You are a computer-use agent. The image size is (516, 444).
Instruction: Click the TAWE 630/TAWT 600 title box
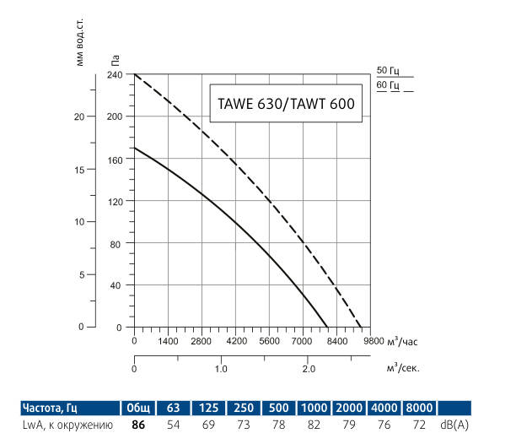click(281, 106)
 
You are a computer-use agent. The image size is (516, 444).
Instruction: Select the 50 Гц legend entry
click(389, 70)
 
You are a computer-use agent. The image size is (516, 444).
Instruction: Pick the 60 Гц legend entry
click(389, 84)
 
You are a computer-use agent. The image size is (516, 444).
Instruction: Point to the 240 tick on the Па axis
click(115, 74)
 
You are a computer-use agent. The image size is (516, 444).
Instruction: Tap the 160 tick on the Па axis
click(115, 159)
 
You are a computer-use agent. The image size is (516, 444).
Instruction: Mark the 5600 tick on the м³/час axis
click(269, 342)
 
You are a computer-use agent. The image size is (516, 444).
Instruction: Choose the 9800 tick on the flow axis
click(371, 342)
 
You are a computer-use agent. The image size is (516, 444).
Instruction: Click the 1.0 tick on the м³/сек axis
click(221, 369)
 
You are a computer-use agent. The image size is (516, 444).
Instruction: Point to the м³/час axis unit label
click(403, 342)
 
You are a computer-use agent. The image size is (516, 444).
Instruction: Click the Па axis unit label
click(115, 59)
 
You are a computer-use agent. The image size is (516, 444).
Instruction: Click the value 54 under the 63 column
click(173, 425)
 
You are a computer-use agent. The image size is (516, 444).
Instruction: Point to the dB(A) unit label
click(455, 425)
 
